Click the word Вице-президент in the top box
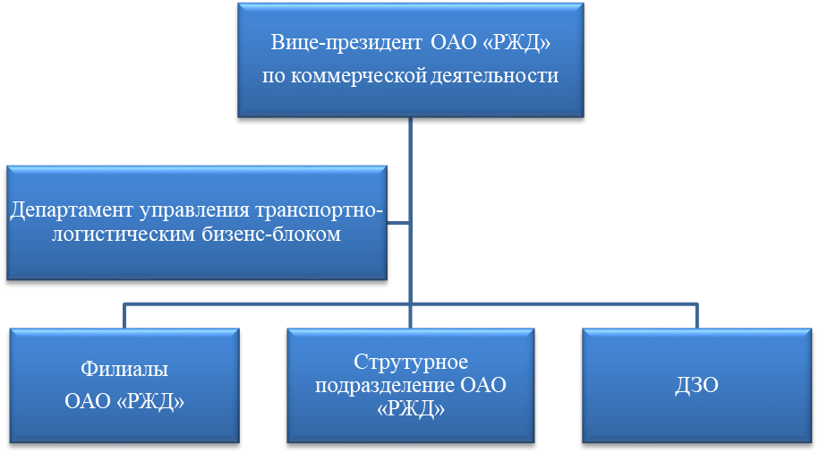(x=345, y=43)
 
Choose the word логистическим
(x=103, y=235)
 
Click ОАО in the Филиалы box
(x=89, y=402)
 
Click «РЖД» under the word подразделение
(x=411, y=409)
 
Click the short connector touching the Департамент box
(x=399, y=222)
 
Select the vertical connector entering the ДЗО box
(x=698, y=315)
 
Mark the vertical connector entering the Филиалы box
(x=125, y=315)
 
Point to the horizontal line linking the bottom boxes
(x=269, y=303)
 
